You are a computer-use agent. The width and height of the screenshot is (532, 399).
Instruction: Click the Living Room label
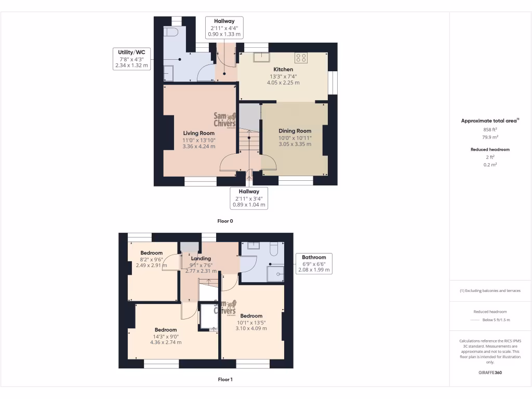198,133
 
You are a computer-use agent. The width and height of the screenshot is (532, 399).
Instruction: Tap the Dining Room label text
295,131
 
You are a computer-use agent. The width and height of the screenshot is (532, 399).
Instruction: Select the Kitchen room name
283,69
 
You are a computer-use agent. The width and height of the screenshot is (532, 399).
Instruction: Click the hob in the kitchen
301,58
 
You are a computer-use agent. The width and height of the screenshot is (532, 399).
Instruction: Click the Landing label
201,258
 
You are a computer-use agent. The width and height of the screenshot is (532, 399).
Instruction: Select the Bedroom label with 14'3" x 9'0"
166,330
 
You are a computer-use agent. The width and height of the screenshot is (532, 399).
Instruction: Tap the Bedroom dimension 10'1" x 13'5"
251,322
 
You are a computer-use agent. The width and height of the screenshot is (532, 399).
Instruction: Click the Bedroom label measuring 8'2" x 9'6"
151,253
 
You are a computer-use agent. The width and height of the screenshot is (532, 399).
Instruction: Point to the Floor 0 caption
225,221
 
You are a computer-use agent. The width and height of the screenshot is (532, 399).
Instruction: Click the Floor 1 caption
225,379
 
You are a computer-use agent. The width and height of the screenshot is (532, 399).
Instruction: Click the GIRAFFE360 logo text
490,373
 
